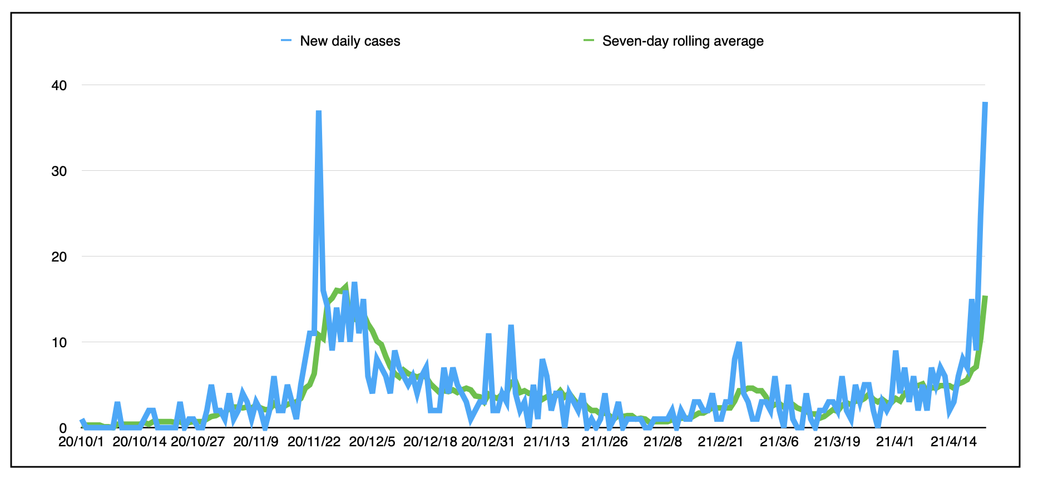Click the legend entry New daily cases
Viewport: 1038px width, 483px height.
(x=350, y=41)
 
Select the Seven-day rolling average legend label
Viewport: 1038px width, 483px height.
(x=683, y=41)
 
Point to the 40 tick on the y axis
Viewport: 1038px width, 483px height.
(x=59, y=86)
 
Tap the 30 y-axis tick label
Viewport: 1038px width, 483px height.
(x=59, y=171)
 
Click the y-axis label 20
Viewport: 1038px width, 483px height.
(x=59, y=257)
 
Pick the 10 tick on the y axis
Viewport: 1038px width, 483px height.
(x=59, y=343)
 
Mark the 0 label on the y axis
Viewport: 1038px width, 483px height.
(x=63, y=428)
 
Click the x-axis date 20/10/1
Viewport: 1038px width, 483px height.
(x=81, y=442)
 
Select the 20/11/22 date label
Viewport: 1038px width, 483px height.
(x=314, y=442)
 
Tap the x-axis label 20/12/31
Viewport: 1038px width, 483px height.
(x=488, y=442)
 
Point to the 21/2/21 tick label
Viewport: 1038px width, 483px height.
(x=721, y=442)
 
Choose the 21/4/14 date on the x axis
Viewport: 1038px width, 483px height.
(x=953, y=442)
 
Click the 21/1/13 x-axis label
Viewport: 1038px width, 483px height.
(x=547, y=442)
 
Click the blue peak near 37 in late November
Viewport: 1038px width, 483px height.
(x=319, y=112)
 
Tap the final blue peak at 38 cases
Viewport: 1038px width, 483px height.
(x=985, y=103)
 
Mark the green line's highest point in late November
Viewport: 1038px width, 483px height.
(x=345, y=287)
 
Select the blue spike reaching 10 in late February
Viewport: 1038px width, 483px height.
(x=739, y=343)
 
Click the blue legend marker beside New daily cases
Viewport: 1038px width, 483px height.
(x=286, y=41)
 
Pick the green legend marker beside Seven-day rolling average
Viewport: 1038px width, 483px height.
(x=589, y=41)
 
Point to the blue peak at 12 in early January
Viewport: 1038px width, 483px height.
(x=511, y=326)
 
